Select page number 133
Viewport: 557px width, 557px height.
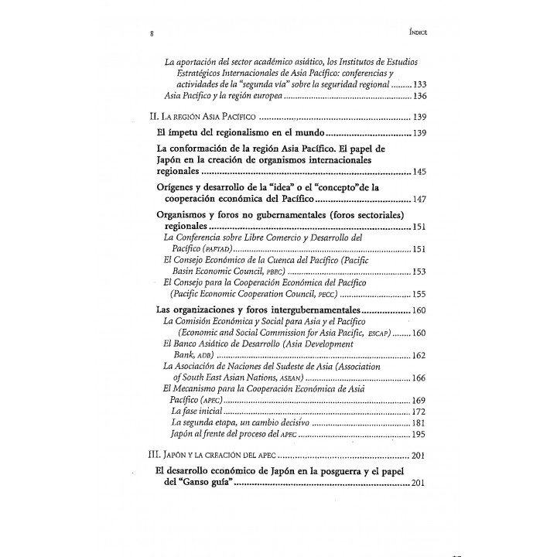419,84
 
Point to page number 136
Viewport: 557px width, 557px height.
419,97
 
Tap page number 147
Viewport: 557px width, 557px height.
419,200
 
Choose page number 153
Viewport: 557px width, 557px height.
419,272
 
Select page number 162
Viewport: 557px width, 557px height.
419,355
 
